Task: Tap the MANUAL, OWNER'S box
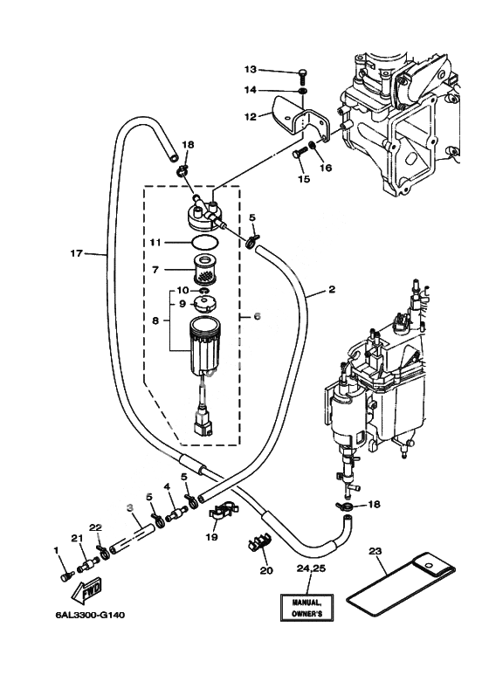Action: point(306,608)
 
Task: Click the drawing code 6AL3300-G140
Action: point(90,615)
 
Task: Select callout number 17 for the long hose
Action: point(76,253)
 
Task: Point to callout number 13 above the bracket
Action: point(250,69)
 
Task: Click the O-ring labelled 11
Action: point(204,243)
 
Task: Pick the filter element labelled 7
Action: point(205,270)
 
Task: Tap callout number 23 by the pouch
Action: point(375,551)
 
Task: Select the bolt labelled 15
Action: point(300,154)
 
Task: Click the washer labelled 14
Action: point(303,91)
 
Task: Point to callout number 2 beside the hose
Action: point(332,289)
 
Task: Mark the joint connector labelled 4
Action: point(177,513)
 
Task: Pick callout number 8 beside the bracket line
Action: point(155,320)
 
